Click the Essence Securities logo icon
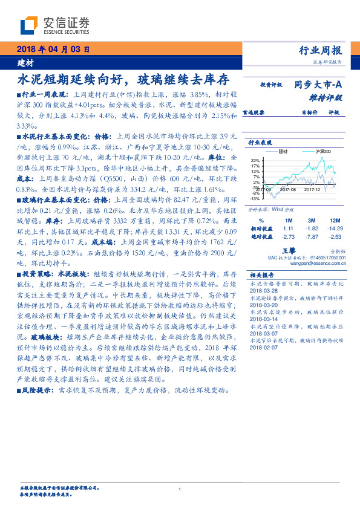tap(29, 25)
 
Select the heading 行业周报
tap(321, 50)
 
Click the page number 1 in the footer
tap(180, 489)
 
